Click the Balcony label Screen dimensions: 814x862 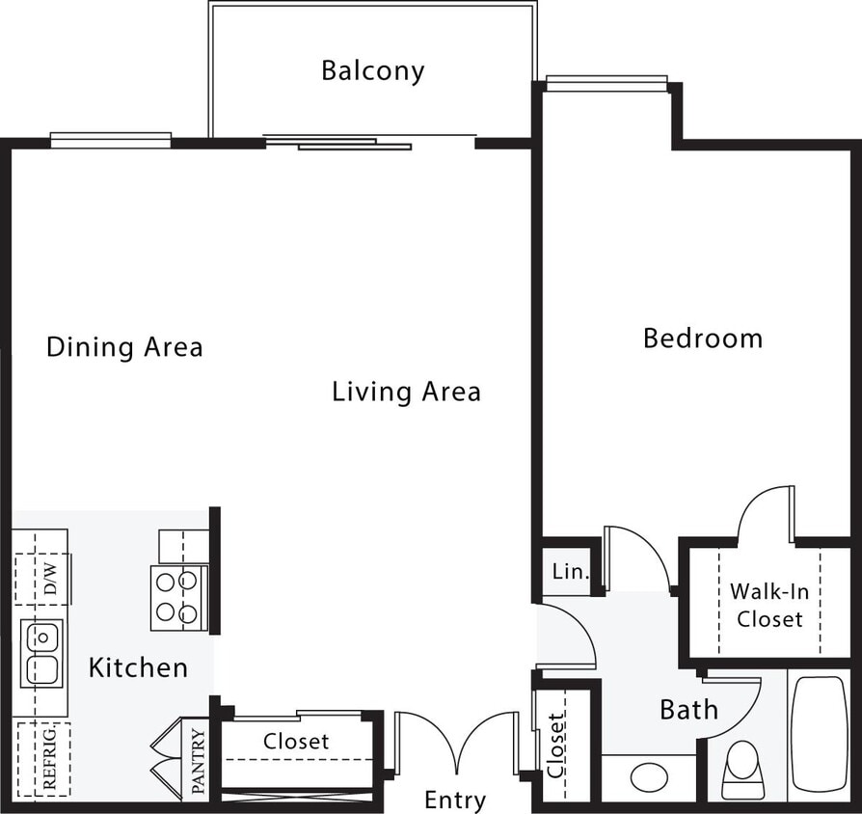pos(372,70)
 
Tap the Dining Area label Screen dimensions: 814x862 pos(124,347)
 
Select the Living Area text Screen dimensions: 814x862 pos(406,392)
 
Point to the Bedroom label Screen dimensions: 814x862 pos(702,339)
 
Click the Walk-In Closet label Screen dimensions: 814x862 pos(768,605)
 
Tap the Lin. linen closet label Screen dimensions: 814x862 pos(570,572)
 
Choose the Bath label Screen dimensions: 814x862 pos(688,710)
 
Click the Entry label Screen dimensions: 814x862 pos(455,800)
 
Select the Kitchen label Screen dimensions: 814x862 pos(138,666)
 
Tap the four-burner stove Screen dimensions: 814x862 pos(179,597)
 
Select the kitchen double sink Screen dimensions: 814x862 pos(42,653)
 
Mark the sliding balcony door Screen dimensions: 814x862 pos(354,143)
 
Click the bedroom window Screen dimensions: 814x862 pos(606,84)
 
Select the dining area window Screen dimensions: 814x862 pos(111,140)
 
